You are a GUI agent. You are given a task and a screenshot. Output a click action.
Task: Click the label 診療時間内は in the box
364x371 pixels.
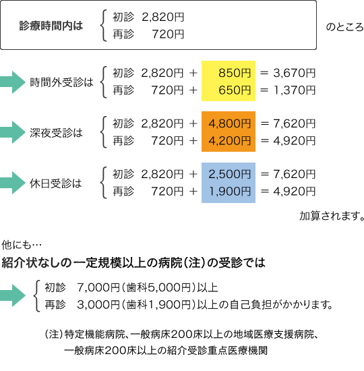pyautogui.click(x=51, y=26)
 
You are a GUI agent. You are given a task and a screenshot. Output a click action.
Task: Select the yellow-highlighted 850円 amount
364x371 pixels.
pyautogui.click(x=235, y=73)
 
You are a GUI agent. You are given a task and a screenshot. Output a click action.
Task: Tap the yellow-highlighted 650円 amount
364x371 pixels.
pyautogui.click(x=235, y=90)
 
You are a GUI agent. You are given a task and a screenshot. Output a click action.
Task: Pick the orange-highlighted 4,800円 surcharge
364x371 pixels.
pyautogui.click(x=229, y=123)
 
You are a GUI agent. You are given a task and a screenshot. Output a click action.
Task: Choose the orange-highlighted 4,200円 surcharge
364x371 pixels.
pyautogui.click(x=229, y=141)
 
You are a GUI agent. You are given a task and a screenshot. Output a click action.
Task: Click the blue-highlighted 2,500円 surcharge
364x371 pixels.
pyautogui.click(x=229, y=174)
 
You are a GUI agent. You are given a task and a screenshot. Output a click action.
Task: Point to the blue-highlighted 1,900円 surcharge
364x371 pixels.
pyautogui.click(x=230, y=192)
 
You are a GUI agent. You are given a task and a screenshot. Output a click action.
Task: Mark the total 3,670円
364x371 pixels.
pyautogui.click(x=295, y=73)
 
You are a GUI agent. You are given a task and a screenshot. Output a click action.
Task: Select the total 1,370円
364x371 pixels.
pyautogui.click(x=295, y=90)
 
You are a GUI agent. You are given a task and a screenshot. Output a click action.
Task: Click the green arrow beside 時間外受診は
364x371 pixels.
pyautogui.click(x=13, y=82)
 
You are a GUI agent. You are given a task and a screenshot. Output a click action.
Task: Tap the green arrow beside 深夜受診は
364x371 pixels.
pyautogui.click(x=13, y=132)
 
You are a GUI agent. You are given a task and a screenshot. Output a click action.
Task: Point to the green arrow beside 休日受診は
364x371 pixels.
pyautogui.click(x=13, y=183)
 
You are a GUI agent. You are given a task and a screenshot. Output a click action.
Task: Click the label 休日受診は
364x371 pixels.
pyautogui.click(x=55, y=183)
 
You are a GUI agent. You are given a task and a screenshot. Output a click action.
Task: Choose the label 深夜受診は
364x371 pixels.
pyautogui.click(x=56, y=133)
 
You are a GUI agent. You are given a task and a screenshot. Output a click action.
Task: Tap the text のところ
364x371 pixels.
pyautogui.click(x=344, y=27)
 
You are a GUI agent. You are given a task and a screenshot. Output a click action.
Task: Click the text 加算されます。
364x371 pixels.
pyautogui.click(x=332, y=216)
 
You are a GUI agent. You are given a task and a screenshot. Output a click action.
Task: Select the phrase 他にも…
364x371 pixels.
pyautogui.click(x=22, y=245)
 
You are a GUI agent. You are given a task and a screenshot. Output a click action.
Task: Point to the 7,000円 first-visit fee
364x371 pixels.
pyautogui.click(x=98, y=287)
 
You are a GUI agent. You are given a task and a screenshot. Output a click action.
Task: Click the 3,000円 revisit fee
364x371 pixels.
pyautogui.click(x=98, y=304)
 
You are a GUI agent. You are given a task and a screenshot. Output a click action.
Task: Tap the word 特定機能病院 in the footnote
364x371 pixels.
pyautogui.click(x=94, y=335)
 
